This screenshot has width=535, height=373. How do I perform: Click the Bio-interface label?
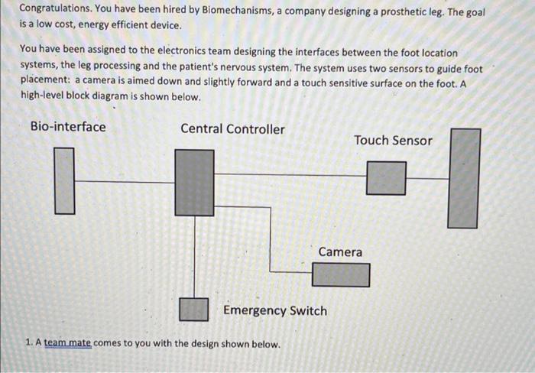pyautogui.click(x=68, y=127)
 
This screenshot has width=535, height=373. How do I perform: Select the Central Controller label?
pyautogui.click(x=232, y=129)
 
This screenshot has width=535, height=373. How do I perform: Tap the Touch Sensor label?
pyautogui.click(x=393, y=141)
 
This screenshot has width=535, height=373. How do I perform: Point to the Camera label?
pyautogui.click(x=340, y=251)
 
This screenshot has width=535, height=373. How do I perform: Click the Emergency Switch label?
pyautogui.click(x=275, y=311)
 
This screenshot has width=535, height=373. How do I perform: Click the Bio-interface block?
pyautogui.click(x=65, y=180)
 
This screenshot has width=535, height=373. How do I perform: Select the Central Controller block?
pyautogui.click(x=194, y=183)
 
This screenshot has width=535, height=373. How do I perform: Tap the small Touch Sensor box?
pyautogui.click(x=386, y=178)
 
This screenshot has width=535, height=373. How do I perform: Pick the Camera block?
pyautogui.click(x=341, y=274)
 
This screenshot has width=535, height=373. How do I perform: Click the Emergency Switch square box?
pyautogui.click(x=194, y=309)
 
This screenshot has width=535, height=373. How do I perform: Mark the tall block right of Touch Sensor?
pyautogui.click(x=464, y=178)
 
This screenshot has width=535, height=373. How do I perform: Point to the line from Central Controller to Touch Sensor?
pyautogui.click(x=290, y=177)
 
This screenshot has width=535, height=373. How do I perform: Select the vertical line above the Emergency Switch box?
pyautogui.click(x=194, y=256)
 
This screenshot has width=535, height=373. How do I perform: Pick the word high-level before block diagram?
pyautogui.click(x=44, y=98)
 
